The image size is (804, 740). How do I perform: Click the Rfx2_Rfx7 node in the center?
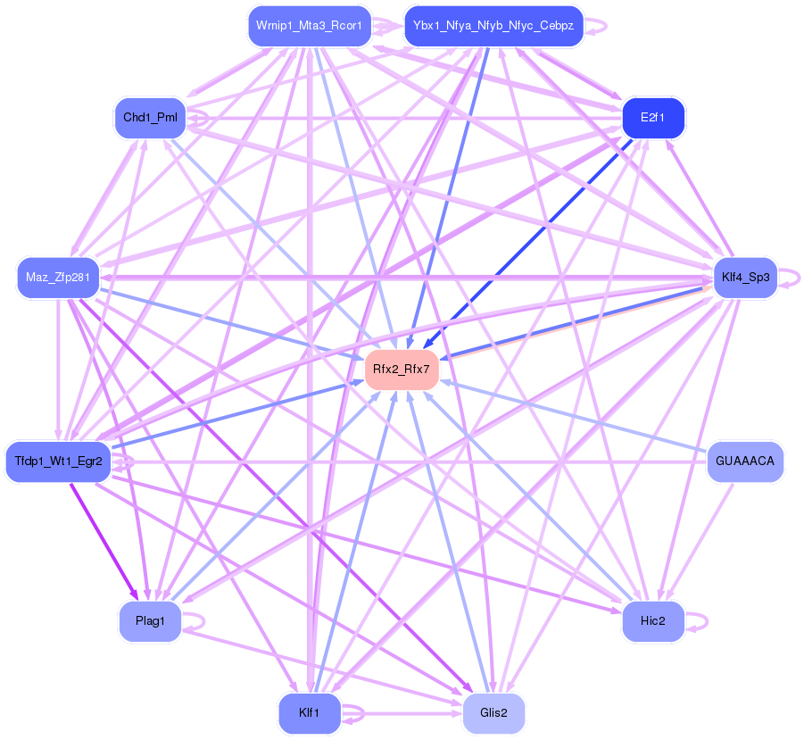(402, 369)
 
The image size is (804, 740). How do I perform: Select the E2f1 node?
(653, 117)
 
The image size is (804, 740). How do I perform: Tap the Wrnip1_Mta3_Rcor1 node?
(308, 26)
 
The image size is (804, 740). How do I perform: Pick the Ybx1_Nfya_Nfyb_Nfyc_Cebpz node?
(493, 26)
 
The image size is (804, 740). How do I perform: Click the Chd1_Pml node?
(150, 118)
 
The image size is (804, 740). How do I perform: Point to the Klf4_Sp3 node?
(744, 278)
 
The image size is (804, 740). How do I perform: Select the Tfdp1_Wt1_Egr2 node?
(58, 461)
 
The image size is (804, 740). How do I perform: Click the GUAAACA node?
(745, 461)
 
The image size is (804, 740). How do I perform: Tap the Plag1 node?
(150, 621)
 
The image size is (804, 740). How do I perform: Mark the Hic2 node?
(653, 621)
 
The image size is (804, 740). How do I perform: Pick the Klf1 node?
(309, 713)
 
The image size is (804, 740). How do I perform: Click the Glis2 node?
(493, 713)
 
